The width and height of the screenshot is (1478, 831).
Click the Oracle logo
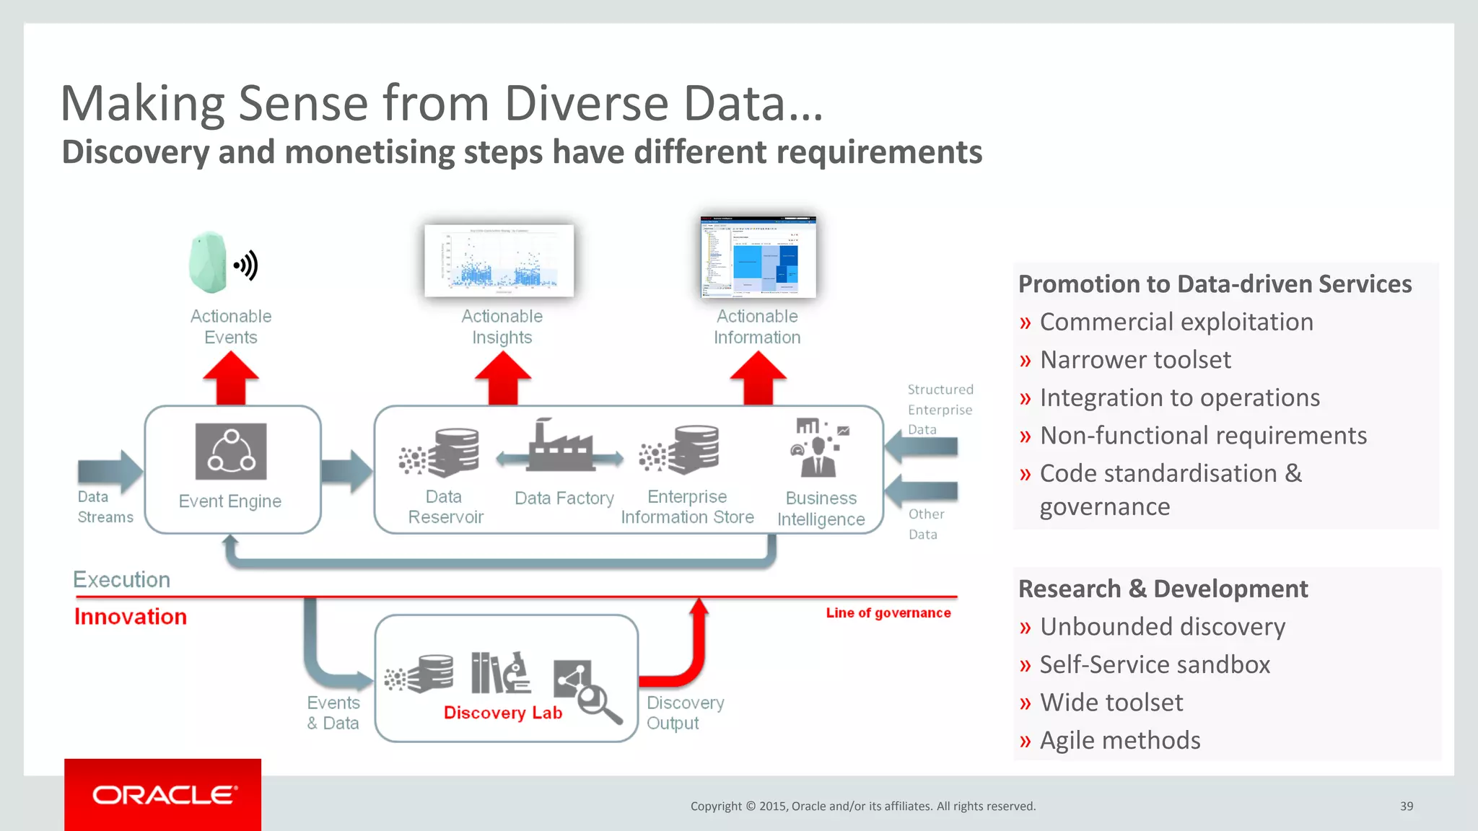coord(163,795)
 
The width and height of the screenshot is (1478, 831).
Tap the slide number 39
coord(1406,806)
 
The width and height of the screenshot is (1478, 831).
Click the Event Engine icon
coord(231,452)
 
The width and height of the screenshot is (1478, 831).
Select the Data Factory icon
coord(560,447)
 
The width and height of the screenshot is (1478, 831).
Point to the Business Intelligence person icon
coord(818,448)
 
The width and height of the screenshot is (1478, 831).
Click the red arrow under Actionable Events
coord(231,379)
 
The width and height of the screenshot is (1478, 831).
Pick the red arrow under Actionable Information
coord(758,379)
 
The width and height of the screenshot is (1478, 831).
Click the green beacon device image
coord(209,263)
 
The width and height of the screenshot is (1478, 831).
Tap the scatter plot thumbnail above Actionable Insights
coord(499,260)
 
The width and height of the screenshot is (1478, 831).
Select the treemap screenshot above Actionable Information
coord(758,257)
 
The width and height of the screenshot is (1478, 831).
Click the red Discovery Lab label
coord(502,713)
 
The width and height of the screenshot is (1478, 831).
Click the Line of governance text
coord(888,612)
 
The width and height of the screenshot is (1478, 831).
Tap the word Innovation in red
coord(131,617)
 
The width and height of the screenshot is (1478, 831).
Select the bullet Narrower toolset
coord(1134,359)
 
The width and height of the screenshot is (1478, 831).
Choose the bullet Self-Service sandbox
coord(1154,664)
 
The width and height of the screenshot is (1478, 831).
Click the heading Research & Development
coord(1163,589)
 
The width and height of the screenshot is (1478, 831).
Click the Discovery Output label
coord(684,713)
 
